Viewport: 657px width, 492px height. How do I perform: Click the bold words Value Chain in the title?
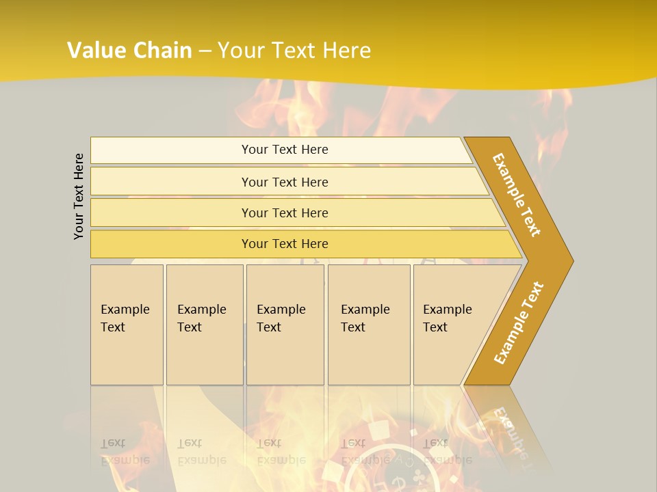[x=129, y=51]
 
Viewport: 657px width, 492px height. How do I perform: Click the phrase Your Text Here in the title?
[x=294, y=51]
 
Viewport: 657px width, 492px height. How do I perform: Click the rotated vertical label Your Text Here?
[x=79, y=196]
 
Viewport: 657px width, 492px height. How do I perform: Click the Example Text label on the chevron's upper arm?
[x=517, y=195]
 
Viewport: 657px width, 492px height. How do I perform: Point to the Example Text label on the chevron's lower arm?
[x=519, y=323]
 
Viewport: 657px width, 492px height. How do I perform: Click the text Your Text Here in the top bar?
[x=285, y=150]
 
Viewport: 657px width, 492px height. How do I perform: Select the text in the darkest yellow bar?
[x=285, y=244]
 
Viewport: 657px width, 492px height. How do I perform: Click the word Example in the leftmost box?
[x=125, y=310]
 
